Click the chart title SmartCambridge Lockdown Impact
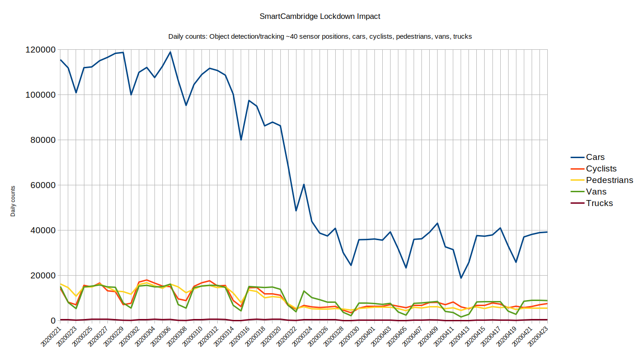[x=320, y=16]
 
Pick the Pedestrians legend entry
[x=609, y=180]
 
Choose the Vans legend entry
[x=596, y=192]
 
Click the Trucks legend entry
[x=599, y=203]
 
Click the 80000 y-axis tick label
[x=42, y=140]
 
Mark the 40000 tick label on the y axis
[x=42, y=230]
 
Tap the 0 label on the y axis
[x=53, y=321]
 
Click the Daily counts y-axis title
[x=13, y=201]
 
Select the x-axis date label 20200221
[x=52, y=339]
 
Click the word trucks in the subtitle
[x=462, y=36]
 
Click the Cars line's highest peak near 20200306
[x=170, y=52]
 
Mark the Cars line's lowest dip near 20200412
[x=461, y=278]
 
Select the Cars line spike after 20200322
[x=304, y=184]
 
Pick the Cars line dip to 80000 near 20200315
[x=241, y=140]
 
